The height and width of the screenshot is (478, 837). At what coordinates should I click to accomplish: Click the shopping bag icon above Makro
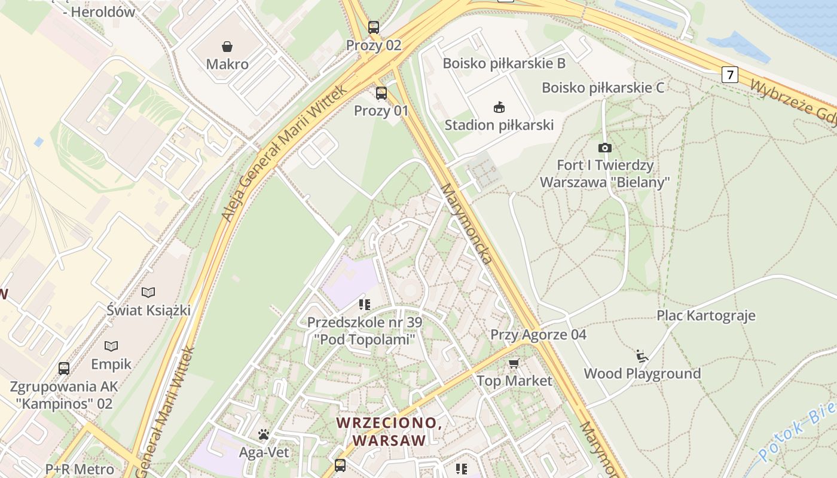click(x=227, y=47)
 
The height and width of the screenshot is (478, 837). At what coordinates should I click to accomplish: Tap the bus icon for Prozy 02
click(x=374, y=27)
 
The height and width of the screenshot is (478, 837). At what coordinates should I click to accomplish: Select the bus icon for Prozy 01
click(x=381, y=93)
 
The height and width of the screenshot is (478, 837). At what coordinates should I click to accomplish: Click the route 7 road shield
click(x=729, y=75)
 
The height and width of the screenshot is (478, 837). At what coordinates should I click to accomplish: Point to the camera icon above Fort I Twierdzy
click(x=604, y=148)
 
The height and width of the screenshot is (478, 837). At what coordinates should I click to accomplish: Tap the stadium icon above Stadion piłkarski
click(x=499, y=108)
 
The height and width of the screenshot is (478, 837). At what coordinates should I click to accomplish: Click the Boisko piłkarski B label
click(x=503, y=63)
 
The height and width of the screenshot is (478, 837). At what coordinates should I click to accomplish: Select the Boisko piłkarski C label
click(x=603, y=88)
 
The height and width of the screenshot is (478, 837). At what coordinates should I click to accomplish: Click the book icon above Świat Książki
click(x=148, y=292)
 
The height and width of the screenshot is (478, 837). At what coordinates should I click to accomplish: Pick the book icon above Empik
click(x=111, y=346)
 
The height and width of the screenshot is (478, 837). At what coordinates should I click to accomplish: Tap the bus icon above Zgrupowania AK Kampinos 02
click(x=64, y=368)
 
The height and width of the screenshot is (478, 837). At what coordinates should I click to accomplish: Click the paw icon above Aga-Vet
click(x=264, y=434)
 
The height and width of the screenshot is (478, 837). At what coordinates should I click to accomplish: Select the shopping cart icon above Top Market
click(x=514, y=363)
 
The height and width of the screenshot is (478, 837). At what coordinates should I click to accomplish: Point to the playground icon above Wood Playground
click(x=642, y=356)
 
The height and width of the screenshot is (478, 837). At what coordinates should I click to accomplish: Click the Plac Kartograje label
click(x=706, y=315)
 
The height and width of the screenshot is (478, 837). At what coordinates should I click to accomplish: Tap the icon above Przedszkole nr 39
click(x=364, y=305)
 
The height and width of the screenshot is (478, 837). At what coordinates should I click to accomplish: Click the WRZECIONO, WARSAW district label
click(x=389, y=431)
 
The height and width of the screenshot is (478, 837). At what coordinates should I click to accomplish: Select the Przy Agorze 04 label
click(x=538, y=335)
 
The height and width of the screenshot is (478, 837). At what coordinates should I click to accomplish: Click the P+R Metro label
click(x=80, y=469)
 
